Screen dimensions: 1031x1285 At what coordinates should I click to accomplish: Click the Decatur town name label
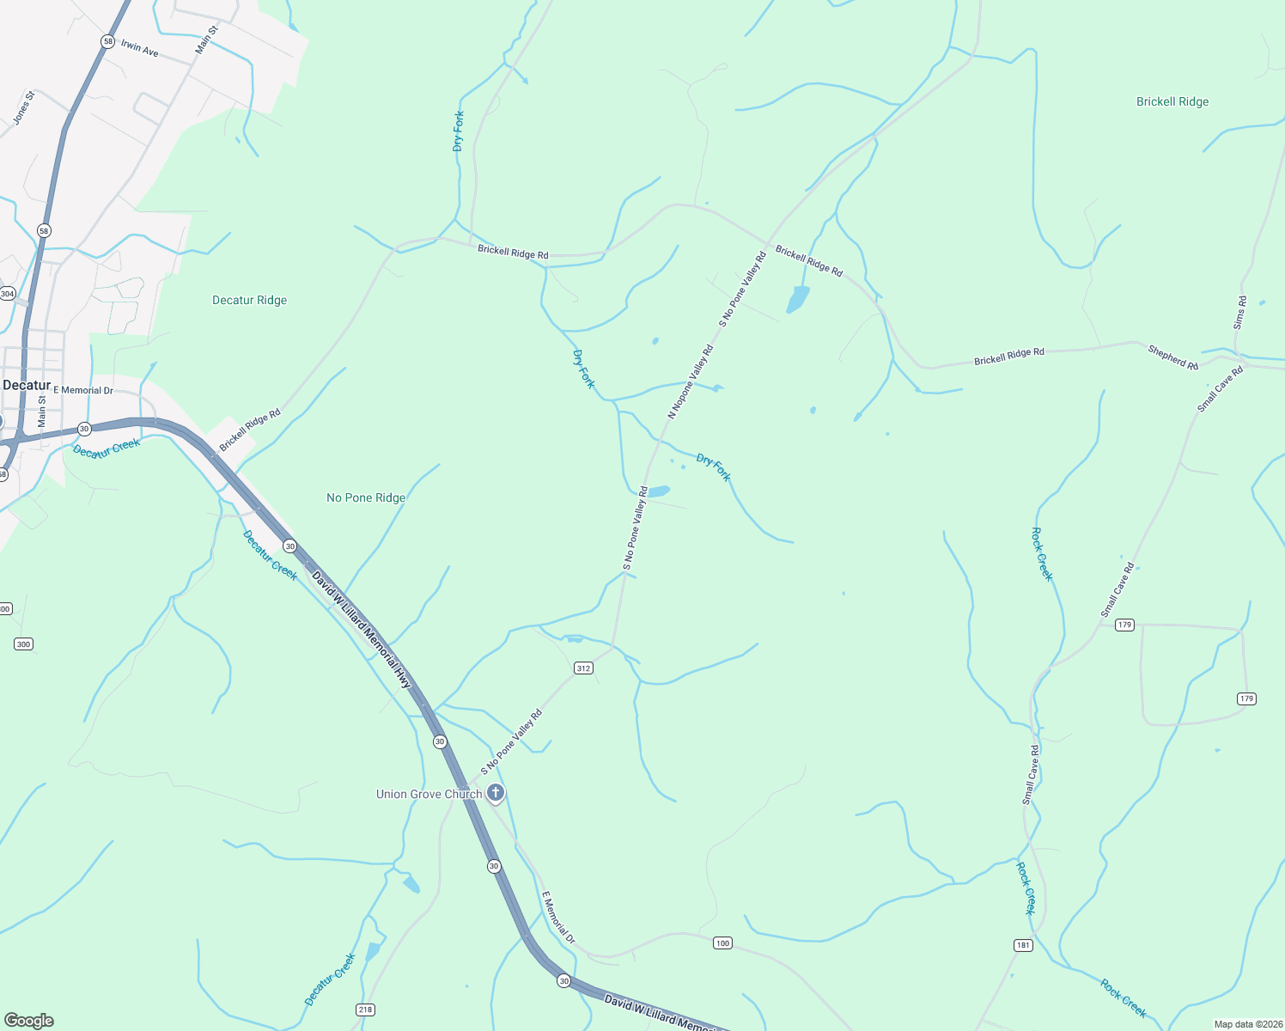click(27, 385)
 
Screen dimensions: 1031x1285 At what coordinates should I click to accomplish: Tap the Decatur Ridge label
click(249, 300)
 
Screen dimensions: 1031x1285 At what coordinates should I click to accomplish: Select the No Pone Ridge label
click(366, 497)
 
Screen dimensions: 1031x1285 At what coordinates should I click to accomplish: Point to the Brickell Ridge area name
click(1172, 101)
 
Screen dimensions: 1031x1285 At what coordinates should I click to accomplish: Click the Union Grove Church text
click(429, 794)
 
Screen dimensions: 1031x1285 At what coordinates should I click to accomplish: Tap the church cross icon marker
click(496, 793)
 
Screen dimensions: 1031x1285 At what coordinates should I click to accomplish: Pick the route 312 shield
click(583, 668)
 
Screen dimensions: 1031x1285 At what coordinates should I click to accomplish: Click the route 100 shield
click(722, 943)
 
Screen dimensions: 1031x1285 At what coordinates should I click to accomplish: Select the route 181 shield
click(1022, 945)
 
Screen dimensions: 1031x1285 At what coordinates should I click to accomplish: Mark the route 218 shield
click(365, 1010)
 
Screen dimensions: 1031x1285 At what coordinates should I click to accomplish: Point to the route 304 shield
click(7, 294)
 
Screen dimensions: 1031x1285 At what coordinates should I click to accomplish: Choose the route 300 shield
click(23, 644)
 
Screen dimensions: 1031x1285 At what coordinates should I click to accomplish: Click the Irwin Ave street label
click(139, 48)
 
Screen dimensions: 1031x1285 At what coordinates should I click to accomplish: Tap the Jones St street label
click(24, 108)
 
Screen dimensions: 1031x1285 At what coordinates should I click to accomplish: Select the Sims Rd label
click(1239, 313)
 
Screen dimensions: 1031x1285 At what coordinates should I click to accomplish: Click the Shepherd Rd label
click(1172, 357)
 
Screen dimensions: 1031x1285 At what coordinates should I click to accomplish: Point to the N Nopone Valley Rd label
click(691, 381)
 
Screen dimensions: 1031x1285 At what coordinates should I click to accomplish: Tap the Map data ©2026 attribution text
click(1247, 1024)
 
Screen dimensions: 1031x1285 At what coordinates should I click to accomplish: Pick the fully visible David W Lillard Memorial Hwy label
click(362, 630)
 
